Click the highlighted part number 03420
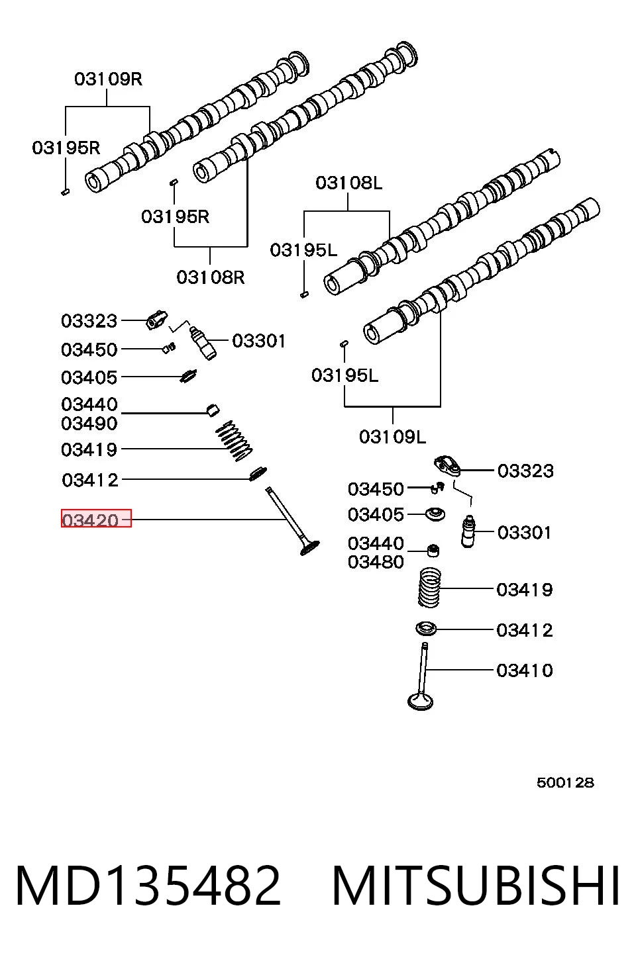[x=90, y=520]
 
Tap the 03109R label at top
[x=108, y=79]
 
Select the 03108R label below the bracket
[x=211, y=277]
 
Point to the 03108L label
[x=348, y=183]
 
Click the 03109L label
[x=392, y=437]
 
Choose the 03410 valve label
[x=524, y=670]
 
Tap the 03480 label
[x=376, y=562]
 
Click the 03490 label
[x=89, y=424]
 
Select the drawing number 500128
[x=565, y=783]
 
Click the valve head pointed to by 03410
[x=420, y=702]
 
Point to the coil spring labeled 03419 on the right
[x=429, y=588]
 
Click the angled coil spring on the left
[x=234, y=441]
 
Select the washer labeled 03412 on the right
[x=427, y=629]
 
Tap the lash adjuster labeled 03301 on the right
[x=468, y=531]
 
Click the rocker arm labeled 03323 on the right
[x=447, y=467]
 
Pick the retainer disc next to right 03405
[x=435, y=514]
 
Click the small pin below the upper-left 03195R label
[x=66, y=192]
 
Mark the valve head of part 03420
[x=309, y=548]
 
